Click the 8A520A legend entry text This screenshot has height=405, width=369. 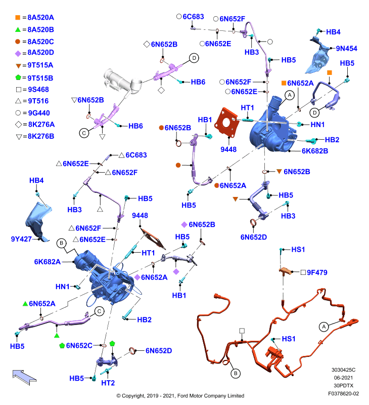(41, 18)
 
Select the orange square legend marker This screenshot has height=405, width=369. (18, 18)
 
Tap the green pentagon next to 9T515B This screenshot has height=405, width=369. (18, 77)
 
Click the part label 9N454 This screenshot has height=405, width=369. (346, 48)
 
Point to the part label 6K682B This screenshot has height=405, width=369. (315, 151)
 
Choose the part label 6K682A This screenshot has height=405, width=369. (48, 262)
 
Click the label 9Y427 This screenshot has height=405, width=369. (21, 239)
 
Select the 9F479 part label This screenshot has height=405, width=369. (317, 272)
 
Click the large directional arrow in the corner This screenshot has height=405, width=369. (24, 377)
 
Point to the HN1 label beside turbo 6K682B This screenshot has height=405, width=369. (317, 125)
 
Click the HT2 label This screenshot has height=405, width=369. (108, 383)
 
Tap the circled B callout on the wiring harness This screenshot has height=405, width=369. (235, 373)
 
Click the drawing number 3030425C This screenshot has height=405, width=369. (343, 370)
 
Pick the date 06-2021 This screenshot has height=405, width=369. (343, 378)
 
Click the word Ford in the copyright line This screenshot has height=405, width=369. (182, 396)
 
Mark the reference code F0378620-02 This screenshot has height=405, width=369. (343, 393)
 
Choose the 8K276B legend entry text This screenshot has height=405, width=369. (41, 136)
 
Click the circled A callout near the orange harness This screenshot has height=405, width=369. (324, 327)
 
